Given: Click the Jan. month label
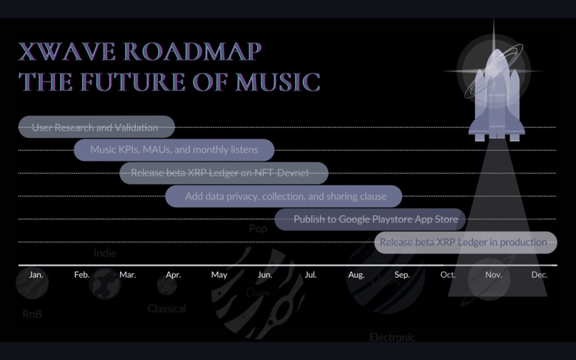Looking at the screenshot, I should (x=36, y=275).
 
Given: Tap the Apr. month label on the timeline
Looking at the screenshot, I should (x=173, y=275).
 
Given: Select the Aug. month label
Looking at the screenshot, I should (x=356, y=275).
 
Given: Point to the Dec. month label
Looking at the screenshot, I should (x=540, y=275).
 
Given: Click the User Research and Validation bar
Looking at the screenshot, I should (x=96, y=127).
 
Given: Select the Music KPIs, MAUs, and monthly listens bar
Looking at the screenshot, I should (x=174, y=150).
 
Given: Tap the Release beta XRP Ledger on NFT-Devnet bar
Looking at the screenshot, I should (x=224, y=173).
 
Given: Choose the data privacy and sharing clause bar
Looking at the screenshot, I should (x=284, y=196).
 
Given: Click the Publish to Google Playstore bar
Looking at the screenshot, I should (x=370, y=219).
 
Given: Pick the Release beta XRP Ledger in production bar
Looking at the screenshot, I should (x=465, y=242).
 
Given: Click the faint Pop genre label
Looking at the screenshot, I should (x=258, y=229).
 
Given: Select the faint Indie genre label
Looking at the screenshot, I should (x=105, y=253).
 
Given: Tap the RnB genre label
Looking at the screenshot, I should (x=32, y=314).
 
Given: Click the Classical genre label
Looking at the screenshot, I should (x=167, y=309).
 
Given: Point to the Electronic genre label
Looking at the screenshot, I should (x=392, y=337).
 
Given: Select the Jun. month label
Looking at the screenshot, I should (x=264, y=275).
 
